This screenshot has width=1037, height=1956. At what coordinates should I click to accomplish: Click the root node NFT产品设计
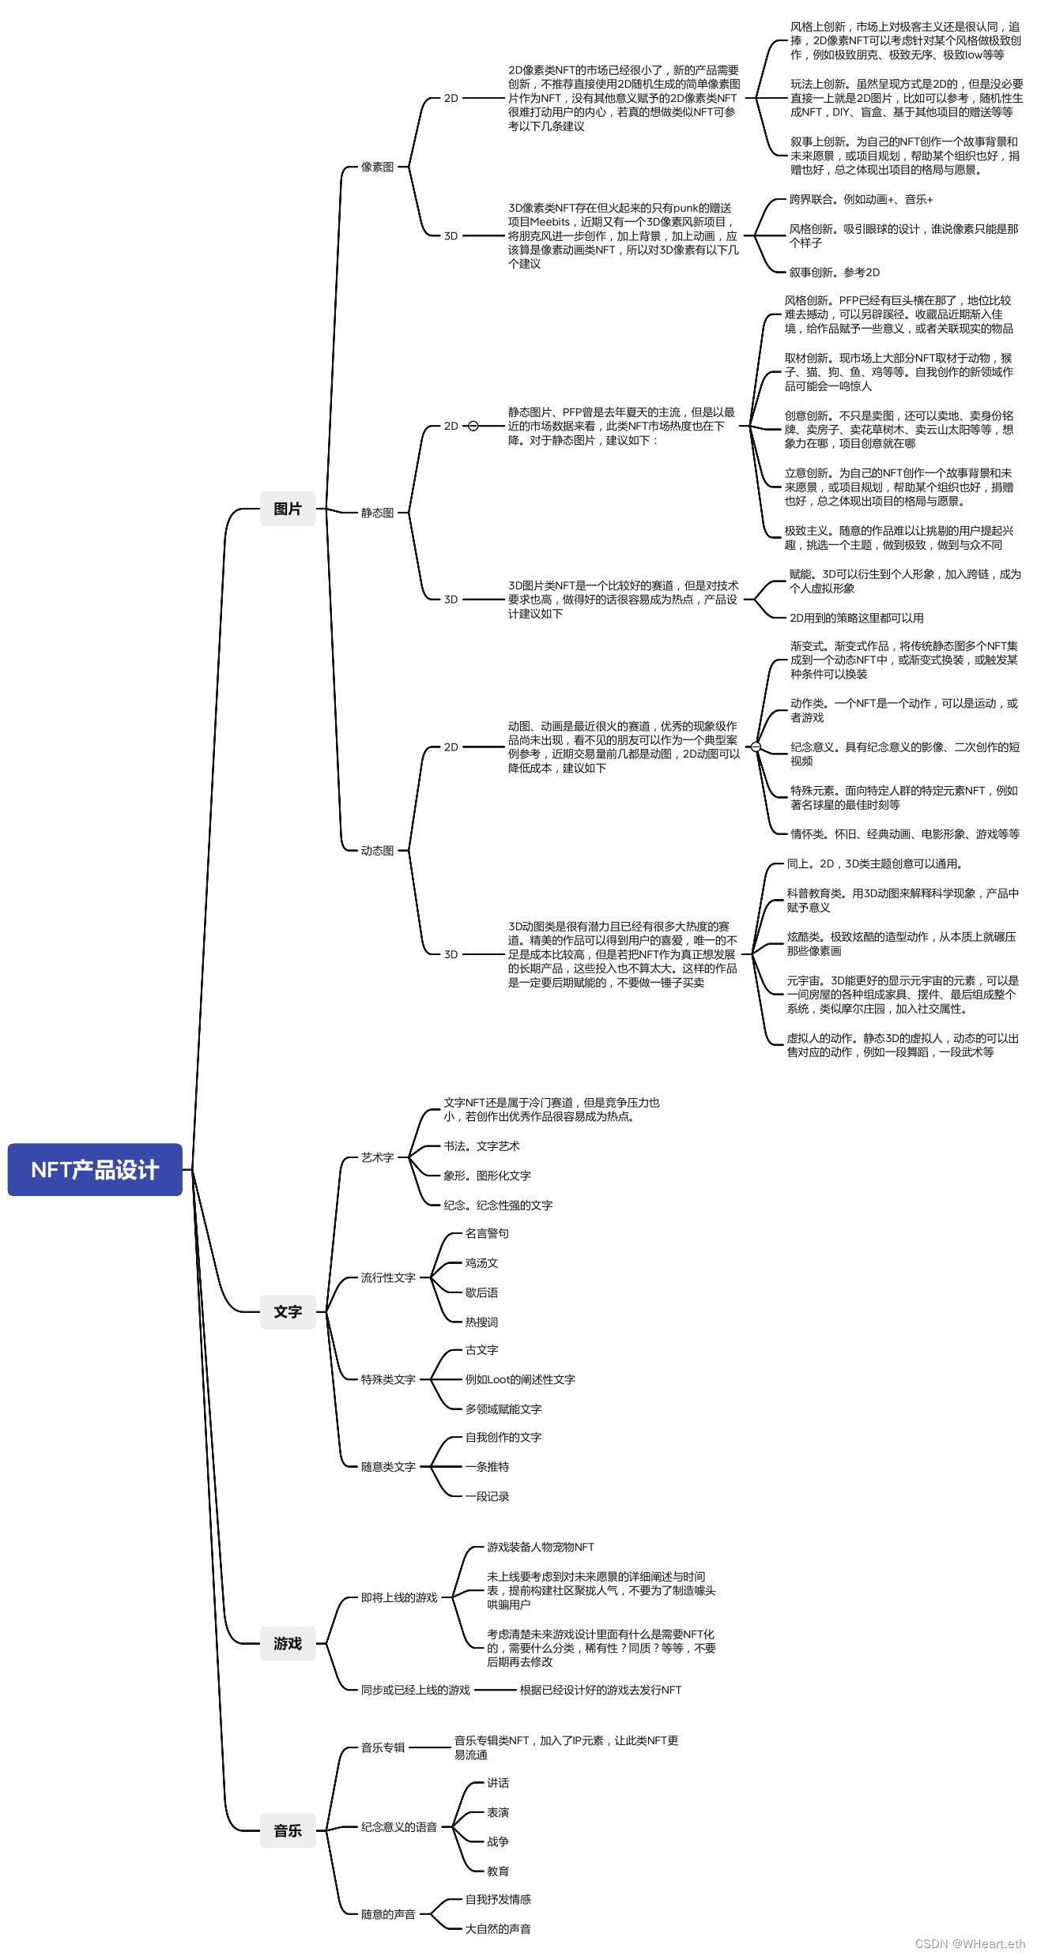pyautogui.click(x=95, y=1169)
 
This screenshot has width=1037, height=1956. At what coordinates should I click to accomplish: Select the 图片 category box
pyautogui.click(x=288, y=509)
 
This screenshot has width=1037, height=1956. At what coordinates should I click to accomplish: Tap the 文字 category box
pyautogui.click(x=288, y=1311)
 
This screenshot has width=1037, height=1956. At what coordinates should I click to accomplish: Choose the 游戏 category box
pyautogui.click(x=288, y=1643)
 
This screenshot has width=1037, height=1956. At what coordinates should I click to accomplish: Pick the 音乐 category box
pyautogui.click(x=288, y=1830)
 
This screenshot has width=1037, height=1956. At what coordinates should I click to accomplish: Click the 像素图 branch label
pyautogui.click(x=377, y=167)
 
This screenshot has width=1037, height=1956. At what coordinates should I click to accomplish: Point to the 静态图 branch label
pyautogui.click(x=377, y=513)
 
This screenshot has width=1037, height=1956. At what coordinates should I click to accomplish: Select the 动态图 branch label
pyautogui.click(x=377, y=851)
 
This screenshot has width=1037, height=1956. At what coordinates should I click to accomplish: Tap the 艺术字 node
pyautogui.click(x=377, y=1157)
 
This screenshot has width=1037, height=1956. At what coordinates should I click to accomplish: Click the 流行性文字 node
pyautogui.click(x=388, y=1277)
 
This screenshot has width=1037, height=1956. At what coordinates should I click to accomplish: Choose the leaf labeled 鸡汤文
pyautogui.click(x=481, y=1262)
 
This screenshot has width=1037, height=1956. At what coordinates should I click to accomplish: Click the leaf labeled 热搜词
pyautogui.click(x=481, y=1322)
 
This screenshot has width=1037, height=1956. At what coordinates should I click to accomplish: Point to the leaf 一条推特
pyautogui.click(x=487, y=1466)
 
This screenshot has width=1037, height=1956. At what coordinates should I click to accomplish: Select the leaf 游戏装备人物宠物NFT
pyautogui.click(x=540, y=1546)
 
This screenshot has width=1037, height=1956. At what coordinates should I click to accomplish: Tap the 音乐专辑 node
pyautogui.click(x=383, y=1747)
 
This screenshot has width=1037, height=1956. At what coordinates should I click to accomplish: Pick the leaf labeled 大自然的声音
pyautogui.click(x=498, y=1928)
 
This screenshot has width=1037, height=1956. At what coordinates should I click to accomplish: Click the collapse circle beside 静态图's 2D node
pyautogui.click(x=473, y=426)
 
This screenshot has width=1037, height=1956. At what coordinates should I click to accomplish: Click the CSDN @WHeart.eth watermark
pyautogui.click(x=969, y=1944)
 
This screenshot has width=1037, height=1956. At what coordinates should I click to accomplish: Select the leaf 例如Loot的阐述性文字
pyautogui.click(x=520, y=1379)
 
